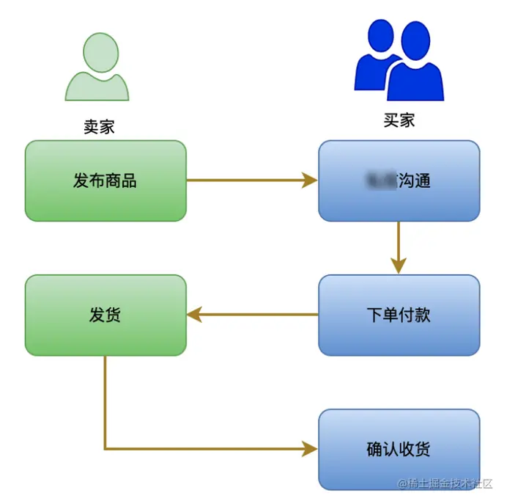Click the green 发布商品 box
(106, 180)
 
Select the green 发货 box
(106, 315)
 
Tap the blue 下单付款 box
(399, 315)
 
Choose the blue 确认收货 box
(399, 449)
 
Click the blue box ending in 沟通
(399, 180)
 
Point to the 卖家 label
(99, 126)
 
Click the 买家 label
(399, 120)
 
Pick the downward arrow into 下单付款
(399, 246)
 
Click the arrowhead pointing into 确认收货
(311, 448)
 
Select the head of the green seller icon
(100, 51)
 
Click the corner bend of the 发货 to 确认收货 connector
(106, 448)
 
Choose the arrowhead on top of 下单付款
(399, 266)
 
